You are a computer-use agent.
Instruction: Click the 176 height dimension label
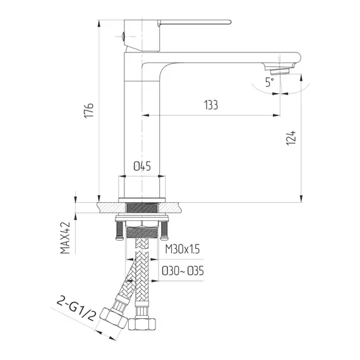click(89, 111)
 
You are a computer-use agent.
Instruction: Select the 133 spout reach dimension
click(211, 105)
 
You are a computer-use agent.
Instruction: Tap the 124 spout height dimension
click(291, 138)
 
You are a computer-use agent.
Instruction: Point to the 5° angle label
click(269, 82)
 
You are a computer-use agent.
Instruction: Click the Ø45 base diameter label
click(142, 166)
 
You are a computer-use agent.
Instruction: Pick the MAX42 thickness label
click(65, 237)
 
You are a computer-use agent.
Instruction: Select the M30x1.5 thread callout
click(183, 249)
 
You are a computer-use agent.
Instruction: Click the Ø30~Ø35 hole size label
click(183, 271)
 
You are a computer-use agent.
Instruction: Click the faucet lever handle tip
click(229, 22)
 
